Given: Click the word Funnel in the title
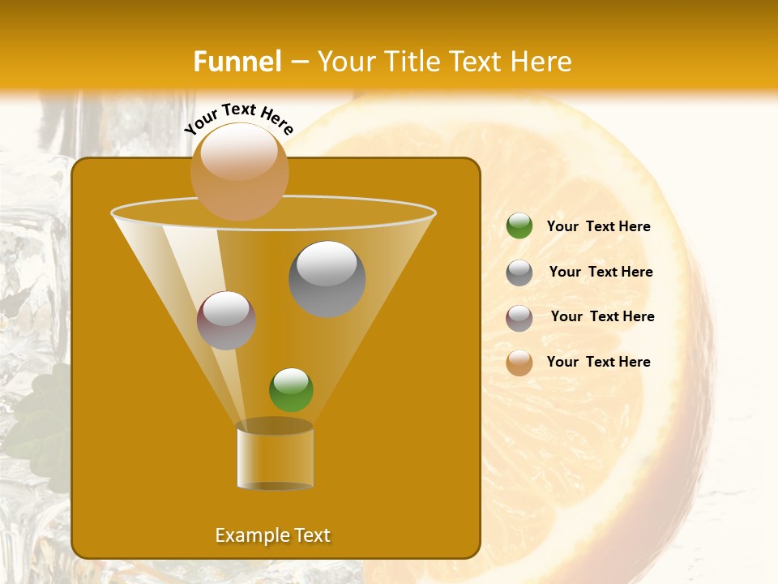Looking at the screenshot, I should click(237, 62).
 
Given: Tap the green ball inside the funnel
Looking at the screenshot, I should click(291, 389).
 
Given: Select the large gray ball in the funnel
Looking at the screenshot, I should click(327, 278).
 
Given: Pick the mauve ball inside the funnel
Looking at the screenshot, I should click(226, 320).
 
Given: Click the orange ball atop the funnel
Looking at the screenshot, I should click(239, 170).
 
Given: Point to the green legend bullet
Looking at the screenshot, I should click(519, 226).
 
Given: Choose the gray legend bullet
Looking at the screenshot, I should click(519, 272).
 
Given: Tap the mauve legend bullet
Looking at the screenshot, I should click(519, 317).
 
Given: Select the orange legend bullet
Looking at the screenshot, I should click(519, 363).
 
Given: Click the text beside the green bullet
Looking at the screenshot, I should click(598, 226).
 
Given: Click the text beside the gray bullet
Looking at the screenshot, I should click(601, 272).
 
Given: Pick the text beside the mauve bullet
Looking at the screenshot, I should click(602, 316).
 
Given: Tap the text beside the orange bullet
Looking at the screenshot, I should click(598, 362).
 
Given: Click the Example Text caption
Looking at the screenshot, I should click(273, 535).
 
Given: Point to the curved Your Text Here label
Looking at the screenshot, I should click(239, 118).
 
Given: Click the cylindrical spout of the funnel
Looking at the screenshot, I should click(275, 457).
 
